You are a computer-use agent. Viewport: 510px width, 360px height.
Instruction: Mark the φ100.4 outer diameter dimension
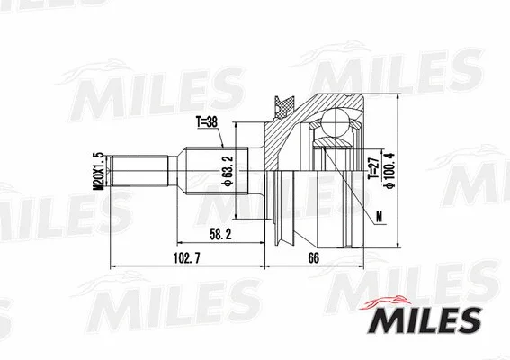tap(389, 171)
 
